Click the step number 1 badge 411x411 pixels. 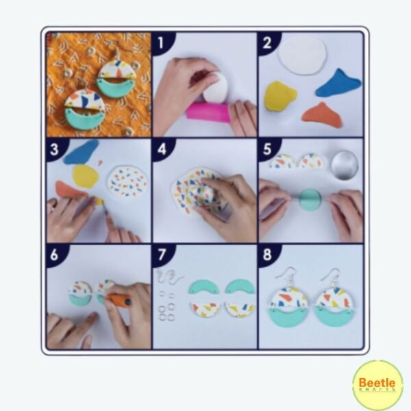tap(161, 42)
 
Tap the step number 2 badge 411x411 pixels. tap(267, 42)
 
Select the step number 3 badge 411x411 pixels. tap(55, 149)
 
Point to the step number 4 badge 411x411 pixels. tap(161, 149)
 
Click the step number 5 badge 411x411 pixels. tap(267, 149)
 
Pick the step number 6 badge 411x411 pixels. tap(55, 255)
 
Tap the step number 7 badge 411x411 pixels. tap(161, 255)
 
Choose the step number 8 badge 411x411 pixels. tap(267, 255)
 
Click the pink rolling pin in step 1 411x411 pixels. tap(208, 112)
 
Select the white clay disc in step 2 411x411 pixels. tap(303, 55)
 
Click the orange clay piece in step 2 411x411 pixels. tap(322, 115)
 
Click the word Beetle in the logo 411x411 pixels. tap(377, 383)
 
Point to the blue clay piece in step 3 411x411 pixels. tap(81, 152)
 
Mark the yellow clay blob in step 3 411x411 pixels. tap(85, 175)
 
